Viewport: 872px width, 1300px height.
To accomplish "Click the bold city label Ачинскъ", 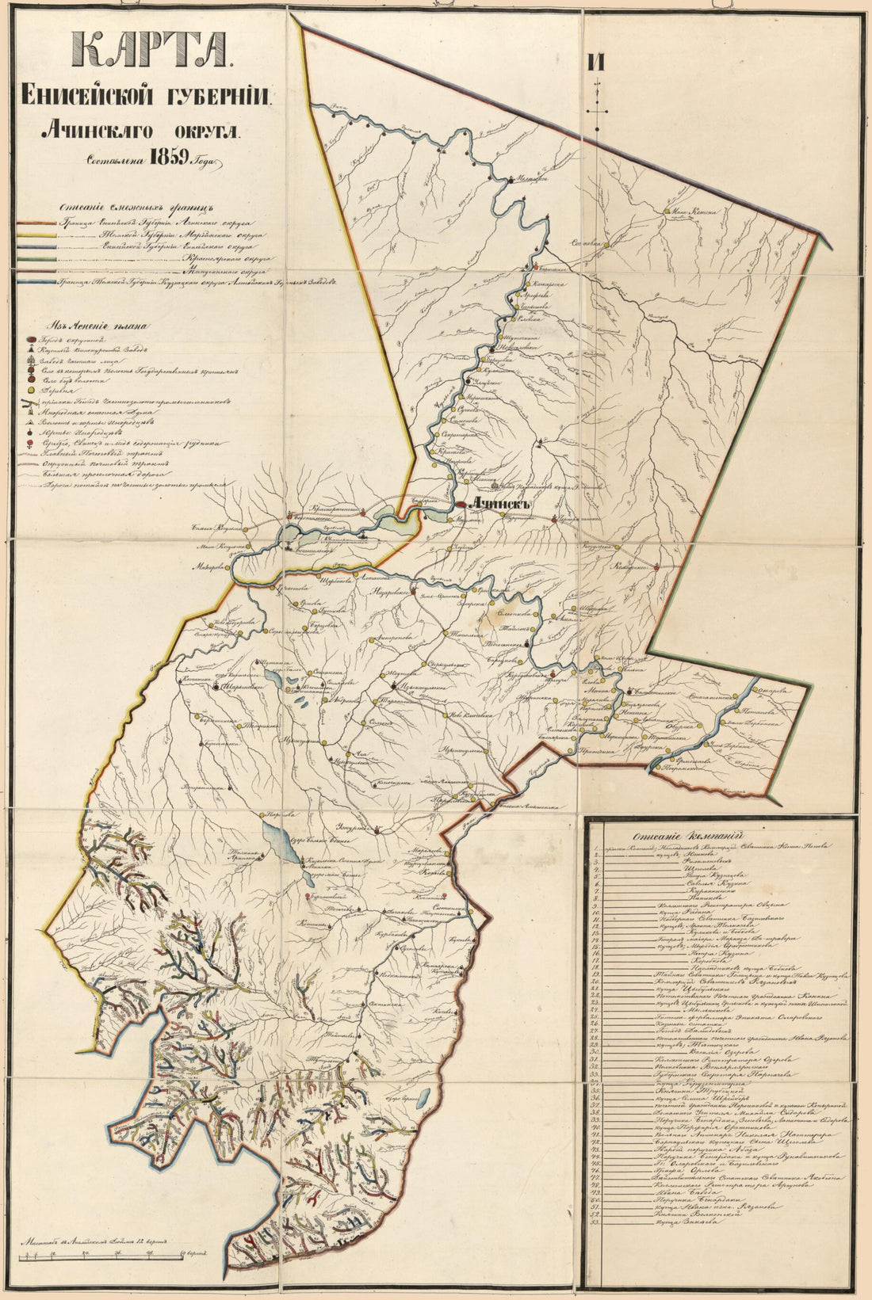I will (x=499, y=504).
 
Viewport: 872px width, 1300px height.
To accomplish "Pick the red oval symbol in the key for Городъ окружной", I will (x=30, y=338).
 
